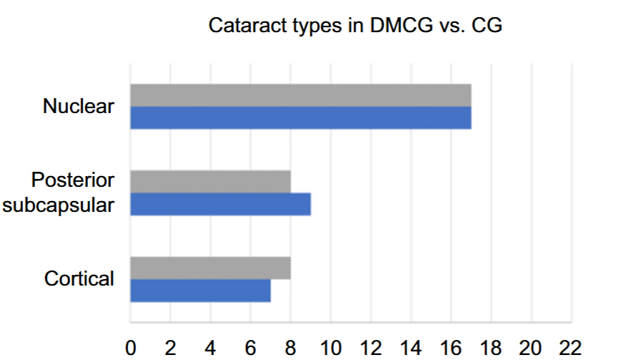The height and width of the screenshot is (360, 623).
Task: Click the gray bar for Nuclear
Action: coord(300,95)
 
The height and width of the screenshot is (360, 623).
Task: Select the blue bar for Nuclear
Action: coord(300,117)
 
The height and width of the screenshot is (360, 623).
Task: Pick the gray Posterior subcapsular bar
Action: coord(210,182)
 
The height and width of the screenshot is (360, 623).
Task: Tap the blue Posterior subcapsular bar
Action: coord(220,204)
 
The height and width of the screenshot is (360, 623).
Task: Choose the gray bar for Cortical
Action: coord(210,268)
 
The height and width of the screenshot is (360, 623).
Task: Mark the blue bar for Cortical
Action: coord(200,290)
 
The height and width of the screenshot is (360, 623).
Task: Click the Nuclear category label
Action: coord(79,107)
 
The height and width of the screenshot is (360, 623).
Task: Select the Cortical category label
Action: coord(79,279)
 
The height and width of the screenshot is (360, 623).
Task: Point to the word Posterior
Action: coord(73,180)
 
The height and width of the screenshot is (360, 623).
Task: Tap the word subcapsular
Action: coord(59,205)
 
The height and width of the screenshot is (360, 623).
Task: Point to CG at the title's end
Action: coord(490,26)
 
